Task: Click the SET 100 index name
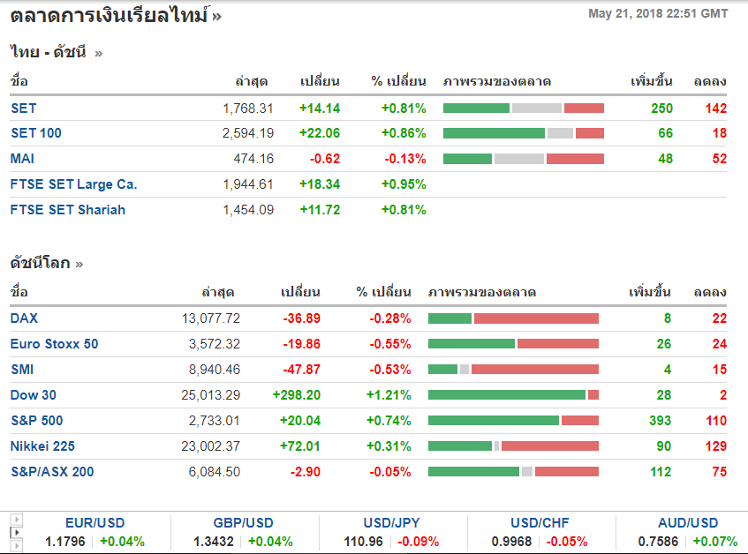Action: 36,133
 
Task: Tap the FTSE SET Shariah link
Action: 68,210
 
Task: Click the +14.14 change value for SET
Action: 319,109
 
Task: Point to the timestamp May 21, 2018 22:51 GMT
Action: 658,13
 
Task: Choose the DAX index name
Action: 25,318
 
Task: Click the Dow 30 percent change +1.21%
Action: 389,395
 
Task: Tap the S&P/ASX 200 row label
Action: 52,472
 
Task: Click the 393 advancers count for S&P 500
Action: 660,421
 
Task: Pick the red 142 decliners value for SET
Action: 715,109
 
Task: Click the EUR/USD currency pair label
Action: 94,523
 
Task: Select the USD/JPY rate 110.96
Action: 362,542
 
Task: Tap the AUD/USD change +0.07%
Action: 714,542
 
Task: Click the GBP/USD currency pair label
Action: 243,523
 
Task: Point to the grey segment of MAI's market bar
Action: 518,159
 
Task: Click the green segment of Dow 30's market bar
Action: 506,395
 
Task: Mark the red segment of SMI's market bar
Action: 534,370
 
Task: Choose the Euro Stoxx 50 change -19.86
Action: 301,344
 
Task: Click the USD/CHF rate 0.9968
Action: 511,542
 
